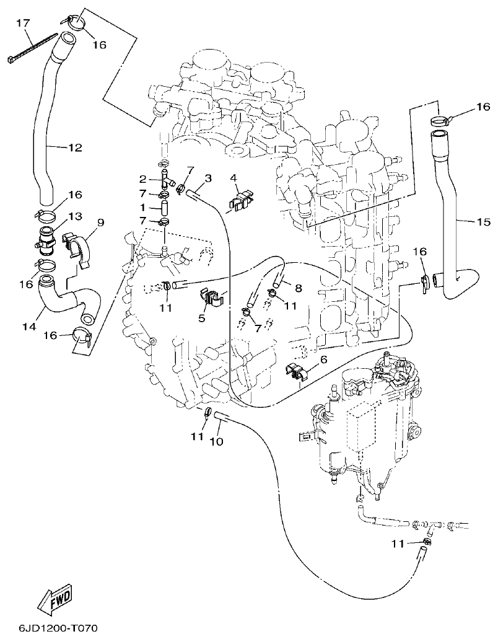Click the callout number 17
pyautogui.click(x=22, y=24)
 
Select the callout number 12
pyautogui.click(x=74, y=148)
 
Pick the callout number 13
pyautogui.click(x=75, y=216)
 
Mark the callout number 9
pyautogui.click(x=100, y=221)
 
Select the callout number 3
pyautogui.click(x=207, y=178)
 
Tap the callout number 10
pyautogui.click(x=216, y=441)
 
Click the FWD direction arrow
pyautogui.click(x=57, y=599)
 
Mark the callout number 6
pyautogui.click(x=323, y=359)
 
